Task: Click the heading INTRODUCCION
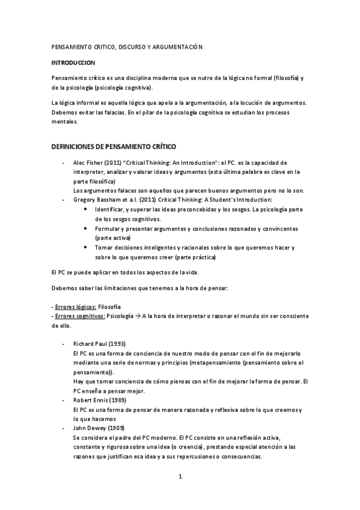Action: (x=73, y=62)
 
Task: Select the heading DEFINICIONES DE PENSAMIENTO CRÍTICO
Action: (x=114, y=146)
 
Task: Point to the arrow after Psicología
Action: (x=137, y=316)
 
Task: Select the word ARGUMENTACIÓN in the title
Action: (x=178, y=46)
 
